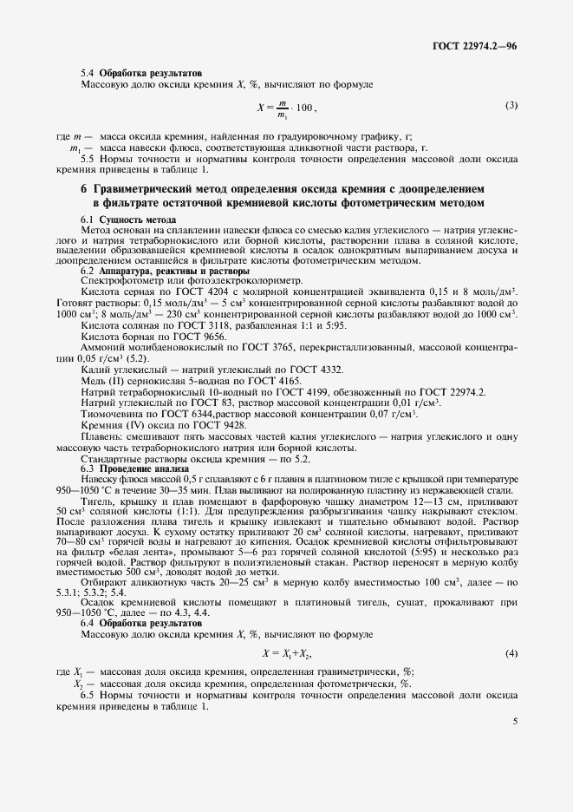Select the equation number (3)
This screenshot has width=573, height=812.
pos(511,106)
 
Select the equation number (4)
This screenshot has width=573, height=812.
pos(511,652)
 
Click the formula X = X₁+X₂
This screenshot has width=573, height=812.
pos(286,652)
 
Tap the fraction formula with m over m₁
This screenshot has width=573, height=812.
pos(287,108)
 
